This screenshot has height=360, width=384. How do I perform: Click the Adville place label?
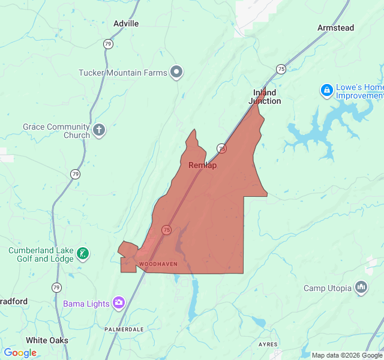coord(126,23)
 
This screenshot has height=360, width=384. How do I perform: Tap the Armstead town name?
coord(335,28)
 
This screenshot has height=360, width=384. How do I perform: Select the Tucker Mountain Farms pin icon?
coord(176,73)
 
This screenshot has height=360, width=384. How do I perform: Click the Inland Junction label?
coord(265,97)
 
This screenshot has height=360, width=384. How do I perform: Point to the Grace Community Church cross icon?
coord(99,129)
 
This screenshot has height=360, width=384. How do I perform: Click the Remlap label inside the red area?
coord(202,165)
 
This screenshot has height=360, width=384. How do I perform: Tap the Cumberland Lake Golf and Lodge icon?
coord(83,254)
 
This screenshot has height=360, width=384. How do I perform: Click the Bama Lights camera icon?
coord(119,303)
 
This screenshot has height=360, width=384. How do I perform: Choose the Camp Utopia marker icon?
coord(361,288)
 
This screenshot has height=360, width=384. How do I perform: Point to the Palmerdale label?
coord(124,329)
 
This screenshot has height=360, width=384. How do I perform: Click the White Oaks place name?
coord(47,340)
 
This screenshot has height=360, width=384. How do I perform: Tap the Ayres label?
coord(268,344)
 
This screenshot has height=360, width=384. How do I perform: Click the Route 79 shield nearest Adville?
coord(108,44)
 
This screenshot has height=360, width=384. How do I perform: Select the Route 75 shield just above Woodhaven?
coord(166,230)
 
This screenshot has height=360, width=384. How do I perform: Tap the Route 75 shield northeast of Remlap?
coord(221,148)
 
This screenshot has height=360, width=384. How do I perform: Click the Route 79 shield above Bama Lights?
coord(56,287)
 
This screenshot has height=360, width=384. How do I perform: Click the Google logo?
coord(20,353)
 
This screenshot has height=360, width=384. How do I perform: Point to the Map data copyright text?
coord(347,355)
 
